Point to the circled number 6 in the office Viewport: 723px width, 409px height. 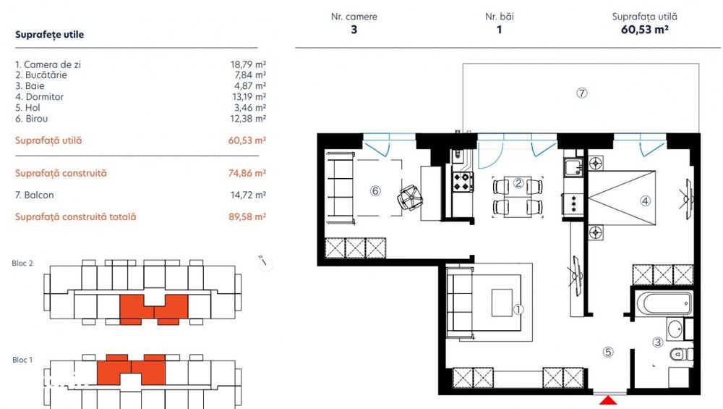(x=375, y=191)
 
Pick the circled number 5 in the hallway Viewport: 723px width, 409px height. (x=608, y=353)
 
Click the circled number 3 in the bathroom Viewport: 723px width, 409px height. (x=658, y=342)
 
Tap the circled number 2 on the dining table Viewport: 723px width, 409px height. (x=518, y=183)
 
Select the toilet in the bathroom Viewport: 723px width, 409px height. (x=676, y=354)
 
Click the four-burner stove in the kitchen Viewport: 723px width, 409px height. (x=462, y=180)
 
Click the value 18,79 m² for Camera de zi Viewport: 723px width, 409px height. (x=248, y=64)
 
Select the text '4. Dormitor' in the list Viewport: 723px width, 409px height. (x=39, y=97)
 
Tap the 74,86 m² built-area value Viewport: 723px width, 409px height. (x=248, y=174)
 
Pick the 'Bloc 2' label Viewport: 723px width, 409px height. (x=22, y=263)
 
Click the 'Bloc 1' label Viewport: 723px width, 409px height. (x=22, y=360)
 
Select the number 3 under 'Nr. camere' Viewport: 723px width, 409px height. (x=354, y=30)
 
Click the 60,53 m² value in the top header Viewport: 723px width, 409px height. (x=644, y=30)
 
